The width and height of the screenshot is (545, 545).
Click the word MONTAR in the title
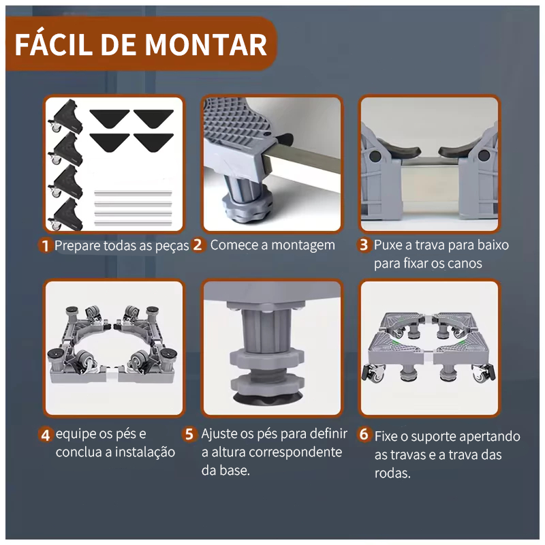206,45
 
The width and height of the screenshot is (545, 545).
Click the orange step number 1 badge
45,245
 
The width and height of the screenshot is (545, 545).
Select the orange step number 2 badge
198,245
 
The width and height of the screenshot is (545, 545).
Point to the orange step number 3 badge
364,245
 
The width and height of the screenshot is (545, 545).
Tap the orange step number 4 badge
46,435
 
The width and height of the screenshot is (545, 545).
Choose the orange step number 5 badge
189,434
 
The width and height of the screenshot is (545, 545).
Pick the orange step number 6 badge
364,434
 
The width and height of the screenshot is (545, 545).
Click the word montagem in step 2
302,246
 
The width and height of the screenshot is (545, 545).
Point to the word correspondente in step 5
296,453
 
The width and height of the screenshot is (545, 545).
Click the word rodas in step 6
392,473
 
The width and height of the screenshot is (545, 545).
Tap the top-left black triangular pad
110,118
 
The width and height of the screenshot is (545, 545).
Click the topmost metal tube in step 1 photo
133,193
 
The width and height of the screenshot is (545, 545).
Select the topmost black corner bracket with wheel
66,116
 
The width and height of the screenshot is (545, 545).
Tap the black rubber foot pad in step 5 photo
268,397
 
